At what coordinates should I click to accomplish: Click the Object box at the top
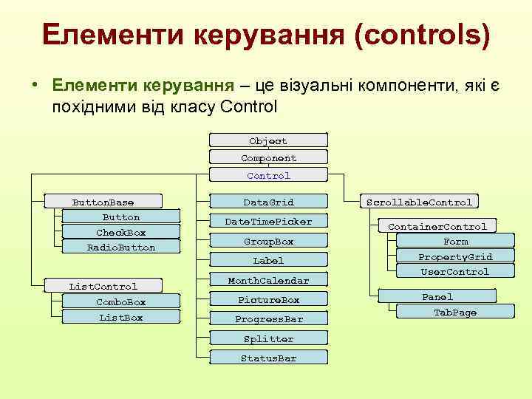click(268, 140)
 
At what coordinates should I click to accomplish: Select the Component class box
click(268, 158)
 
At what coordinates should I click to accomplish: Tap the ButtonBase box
click(103, 202)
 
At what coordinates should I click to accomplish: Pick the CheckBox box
click(121, 233)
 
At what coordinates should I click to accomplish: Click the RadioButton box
click(121, 248)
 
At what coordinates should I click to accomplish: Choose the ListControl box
click(103, 286)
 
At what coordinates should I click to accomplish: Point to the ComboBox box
click(121, 302)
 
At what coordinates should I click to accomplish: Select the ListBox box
click(121, 318)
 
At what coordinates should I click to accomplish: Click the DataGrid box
click(268, 202)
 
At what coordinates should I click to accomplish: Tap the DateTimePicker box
click(268, 222)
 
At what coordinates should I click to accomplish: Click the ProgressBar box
click(268, 319)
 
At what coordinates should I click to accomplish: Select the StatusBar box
click(268, 358)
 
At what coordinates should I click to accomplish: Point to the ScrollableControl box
click(420, 202)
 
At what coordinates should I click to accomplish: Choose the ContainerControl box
click(437, 227)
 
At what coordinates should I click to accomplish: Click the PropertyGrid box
click(455, 257)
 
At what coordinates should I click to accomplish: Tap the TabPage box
click(455, 313)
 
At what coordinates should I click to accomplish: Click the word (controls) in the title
click(421, 35)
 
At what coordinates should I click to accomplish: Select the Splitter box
click(268, 339)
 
